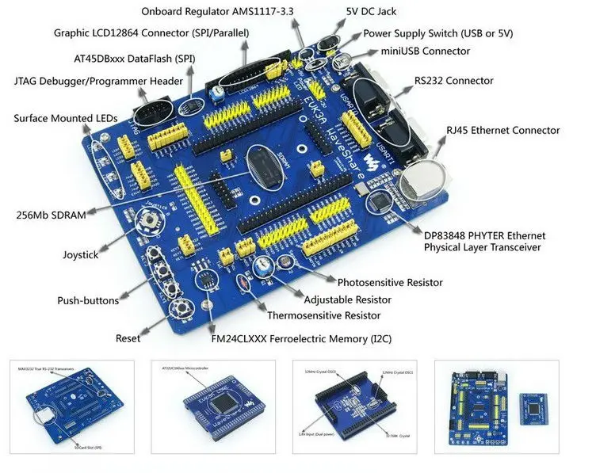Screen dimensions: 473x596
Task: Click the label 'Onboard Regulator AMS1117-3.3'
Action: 218,12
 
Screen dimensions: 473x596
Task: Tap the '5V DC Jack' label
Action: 371,12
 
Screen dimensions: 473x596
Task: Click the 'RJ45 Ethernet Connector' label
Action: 502,131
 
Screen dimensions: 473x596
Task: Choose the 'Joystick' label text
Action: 80,255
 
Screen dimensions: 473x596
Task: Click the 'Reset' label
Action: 128,338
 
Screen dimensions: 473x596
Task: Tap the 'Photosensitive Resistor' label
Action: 389,282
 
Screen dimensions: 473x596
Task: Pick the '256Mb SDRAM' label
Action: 51,215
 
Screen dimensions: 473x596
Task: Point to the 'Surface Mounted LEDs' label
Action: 66,119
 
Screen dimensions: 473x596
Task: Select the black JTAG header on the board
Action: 151,111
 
